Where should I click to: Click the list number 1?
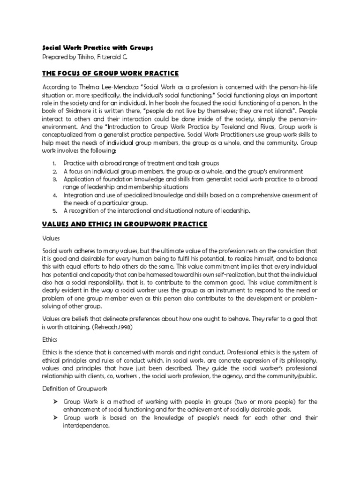54,164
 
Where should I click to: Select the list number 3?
54,179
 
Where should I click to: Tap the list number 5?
54,210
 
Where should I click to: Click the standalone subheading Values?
51,238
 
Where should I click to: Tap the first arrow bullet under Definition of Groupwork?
55,402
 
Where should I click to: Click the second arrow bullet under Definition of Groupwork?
55,418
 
